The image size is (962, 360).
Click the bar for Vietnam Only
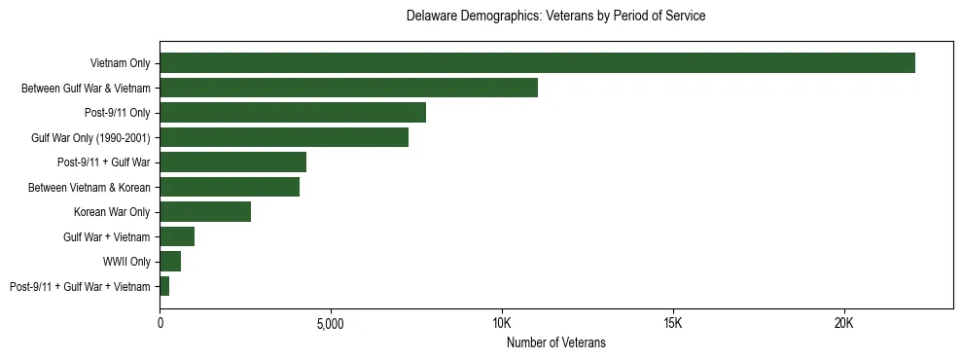click(537, 63)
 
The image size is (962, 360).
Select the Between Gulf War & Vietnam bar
click(348, 89)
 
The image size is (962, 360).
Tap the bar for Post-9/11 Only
click(293, 113)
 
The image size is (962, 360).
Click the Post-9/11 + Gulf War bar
click(232, 162)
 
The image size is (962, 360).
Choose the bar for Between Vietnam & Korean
click(230, 187)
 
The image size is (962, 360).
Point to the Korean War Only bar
click(205, 212)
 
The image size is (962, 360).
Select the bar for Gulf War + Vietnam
click(177, 236)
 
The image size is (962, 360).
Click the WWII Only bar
click(170, 261)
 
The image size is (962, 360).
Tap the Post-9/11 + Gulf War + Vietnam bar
click(164, 286)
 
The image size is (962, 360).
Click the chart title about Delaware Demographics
click(555, 17)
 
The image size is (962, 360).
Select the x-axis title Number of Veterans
click(555, 342)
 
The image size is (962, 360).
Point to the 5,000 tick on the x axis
click(331, 322)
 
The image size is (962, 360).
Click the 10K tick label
click(502, 322)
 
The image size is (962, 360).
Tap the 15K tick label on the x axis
click(673, 322)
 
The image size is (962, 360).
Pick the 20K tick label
click(844, 322)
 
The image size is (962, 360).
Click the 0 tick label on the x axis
click(160, 322)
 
